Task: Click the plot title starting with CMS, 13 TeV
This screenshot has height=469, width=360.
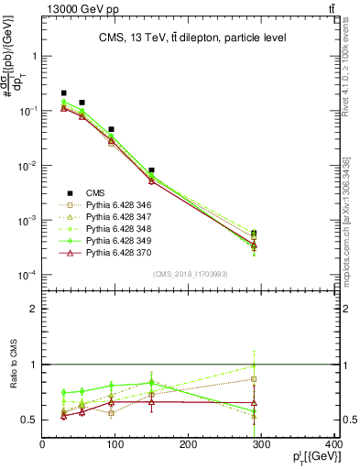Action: pyautogui.click(x=191, y=38)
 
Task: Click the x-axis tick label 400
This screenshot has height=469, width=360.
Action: pyautogui.click(x=334, y=446)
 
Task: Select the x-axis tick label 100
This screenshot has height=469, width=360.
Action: pyautogui.click(x=115, y=446)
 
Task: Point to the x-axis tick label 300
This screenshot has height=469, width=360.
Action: pyautogui.click(x=262, y=446)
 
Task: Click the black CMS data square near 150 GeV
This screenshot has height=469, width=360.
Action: pyautogui.click(x=151, y=170)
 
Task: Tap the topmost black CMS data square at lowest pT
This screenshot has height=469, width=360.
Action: pyautogui.click(x=63, y=93)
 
